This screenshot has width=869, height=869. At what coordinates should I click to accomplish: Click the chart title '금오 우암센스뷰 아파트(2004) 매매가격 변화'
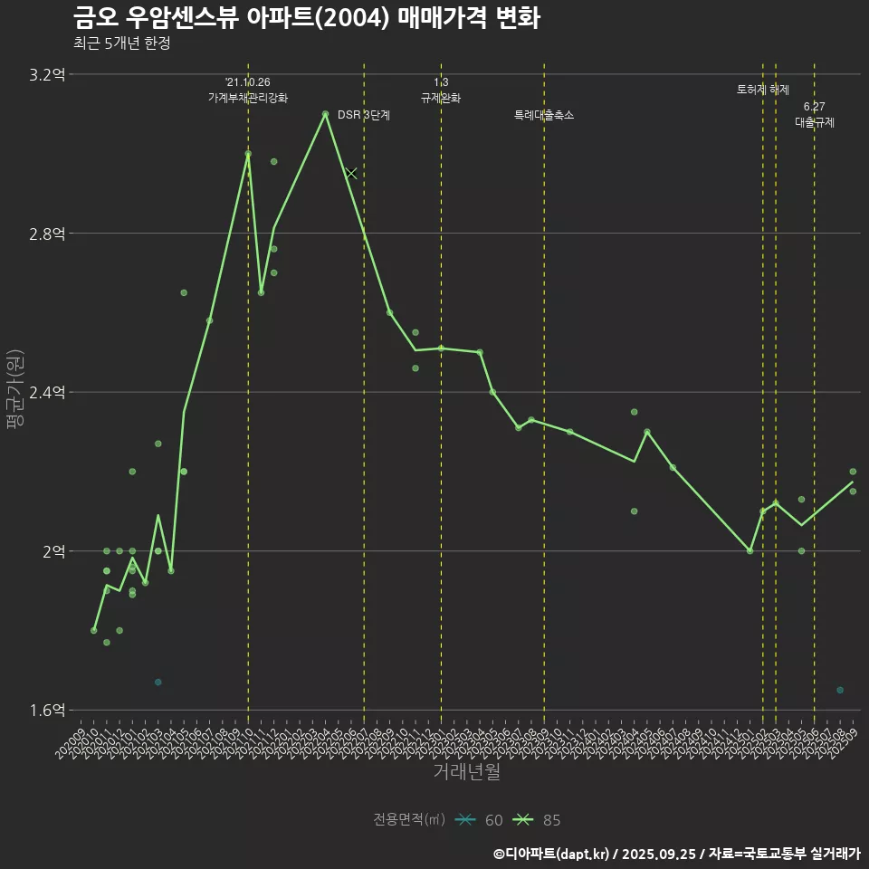point(306,18)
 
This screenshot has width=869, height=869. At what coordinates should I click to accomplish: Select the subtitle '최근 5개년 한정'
point(121,43)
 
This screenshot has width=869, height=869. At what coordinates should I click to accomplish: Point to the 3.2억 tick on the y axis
point(47,75)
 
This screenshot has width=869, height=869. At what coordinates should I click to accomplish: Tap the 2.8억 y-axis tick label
point(47,234)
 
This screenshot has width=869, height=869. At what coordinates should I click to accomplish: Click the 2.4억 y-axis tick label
point(47,392)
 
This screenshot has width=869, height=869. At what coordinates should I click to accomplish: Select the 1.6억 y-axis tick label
point(47,710)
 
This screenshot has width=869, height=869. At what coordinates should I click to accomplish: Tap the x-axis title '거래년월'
point(466,771)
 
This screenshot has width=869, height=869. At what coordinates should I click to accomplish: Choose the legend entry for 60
point(480,820)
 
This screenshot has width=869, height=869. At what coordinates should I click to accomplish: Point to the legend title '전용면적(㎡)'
point(409,820)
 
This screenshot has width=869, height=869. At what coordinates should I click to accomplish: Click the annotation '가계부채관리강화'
point(248,98)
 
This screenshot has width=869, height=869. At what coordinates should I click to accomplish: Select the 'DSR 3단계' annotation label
point(364,115)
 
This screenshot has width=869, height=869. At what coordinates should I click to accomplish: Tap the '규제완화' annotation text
point(441,98)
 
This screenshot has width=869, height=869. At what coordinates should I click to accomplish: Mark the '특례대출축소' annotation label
point(544,115)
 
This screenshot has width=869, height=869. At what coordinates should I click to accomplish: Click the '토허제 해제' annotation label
point(763,90)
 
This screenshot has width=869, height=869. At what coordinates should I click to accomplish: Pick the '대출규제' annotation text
point(815,122)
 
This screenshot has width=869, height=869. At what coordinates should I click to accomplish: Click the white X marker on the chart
point(351,173)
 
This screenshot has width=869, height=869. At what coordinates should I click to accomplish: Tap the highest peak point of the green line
point(325,114)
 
